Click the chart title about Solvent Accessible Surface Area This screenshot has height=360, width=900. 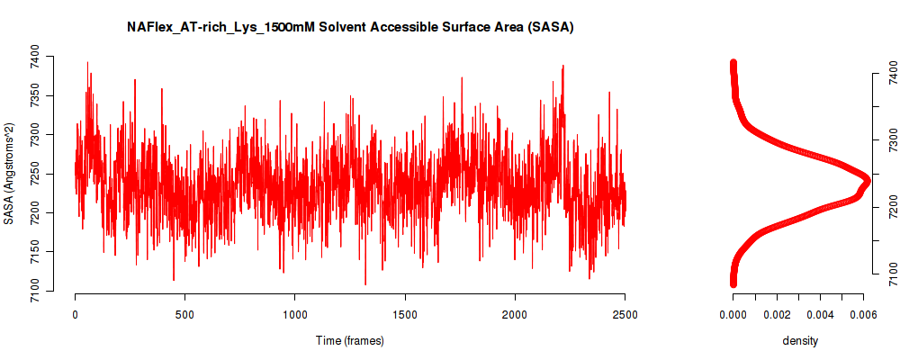coord(351,26)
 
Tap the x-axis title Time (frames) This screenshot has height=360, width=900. coord(350,340)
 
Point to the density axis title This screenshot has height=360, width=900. coord(800,341)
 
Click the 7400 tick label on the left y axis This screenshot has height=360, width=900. coord(35,58)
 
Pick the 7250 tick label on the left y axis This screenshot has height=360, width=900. coord(35,174)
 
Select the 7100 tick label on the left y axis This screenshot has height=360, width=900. coord(35,291)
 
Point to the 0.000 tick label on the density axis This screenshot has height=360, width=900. coord(733,314)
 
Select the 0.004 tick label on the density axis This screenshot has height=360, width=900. coord(820,314)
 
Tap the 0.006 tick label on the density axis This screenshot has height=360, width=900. coord(864,314)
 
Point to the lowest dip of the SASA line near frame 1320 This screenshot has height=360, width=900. coord(365,284)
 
